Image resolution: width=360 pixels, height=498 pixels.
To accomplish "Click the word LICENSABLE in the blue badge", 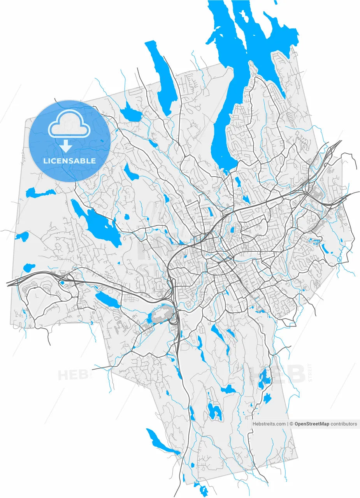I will pyautogui.click(x=70, y=161).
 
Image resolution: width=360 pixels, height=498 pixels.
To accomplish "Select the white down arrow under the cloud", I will pyautogui.click(x=66, y=146).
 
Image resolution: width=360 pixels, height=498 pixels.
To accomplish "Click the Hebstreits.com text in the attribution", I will pyautogui.click(x=269, y=424).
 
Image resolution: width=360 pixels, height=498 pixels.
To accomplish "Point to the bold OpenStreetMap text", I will pyautogui.click(x=312, y=424).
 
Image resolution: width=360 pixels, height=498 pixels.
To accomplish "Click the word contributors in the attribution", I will pyautogui.click(x=344, y=424).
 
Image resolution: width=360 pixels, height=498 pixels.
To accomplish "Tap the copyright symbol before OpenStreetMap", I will pyautogui.click(x=292, y=424).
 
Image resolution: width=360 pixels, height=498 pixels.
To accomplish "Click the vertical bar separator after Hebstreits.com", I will pyautogui.click(x=288, y=424).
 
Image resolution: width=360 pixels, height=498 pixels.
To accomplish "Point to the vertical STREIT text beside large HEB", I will pyautogui.click(x=310, y=372).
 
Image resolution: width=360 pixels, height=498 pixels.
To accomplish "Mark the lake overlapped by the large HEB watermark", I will pyautogui.click(x=265, y=378).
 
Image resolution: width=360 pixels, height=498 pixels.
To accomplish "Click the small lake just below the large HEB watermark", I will pyautogui.click(x=267, y=398).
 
